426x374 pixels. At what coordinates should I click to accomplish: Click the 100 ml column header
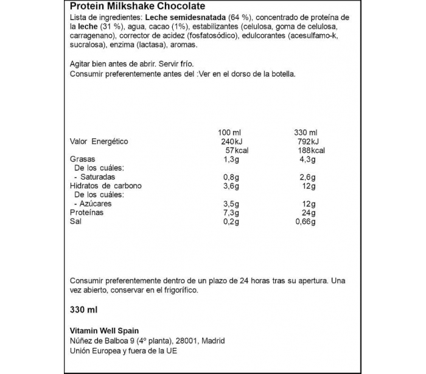229,132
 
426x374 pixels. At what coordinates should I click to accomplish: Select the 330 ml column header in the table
305,132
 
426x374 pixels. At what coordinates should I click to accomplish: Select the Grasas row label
82,160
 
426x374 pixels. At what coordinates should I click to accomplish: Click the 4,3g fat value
306,160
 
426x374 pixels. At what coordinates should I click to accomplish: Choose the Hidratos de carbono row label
105,186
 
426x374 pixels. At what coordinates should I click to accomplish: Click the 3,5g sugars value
230,203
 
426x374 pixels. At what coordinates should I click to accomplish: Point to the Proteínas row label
86,213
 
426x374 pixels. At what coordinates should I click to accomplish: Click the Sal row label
76,222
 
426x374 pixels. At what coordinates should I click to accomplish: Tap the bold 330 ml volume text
83,310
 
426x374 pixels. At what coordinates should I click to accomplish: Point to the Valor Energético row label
99,141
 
